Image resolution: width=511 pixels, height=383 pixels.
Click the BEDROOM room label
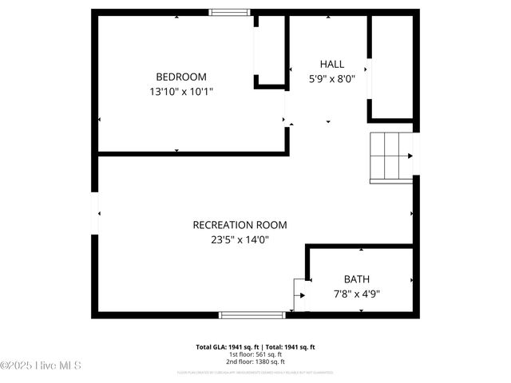(x=180, y=77)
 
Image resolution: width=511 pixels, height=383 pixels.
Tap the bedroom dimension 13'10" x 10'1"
(x=180, y=92)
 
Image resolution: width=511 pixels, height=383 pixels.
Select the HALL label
(x=331, y=64)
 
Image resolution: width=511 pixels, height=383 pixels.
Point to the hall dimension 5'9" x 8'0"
(x=331, y=79)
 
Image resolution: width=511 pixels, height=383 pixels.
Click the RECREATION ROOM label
(x=240, y=225)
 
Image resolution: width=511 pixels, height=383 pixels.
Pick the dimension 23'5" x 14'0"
(x=240, y=239)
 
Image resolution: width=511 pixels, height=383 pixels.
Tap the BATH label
(x=357, y=279)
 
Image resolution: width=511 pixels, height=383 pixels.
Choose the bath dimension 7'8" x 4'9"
(x=357, y=294)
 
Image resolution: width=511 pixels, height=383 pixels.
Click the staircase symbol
(x=390, y=157)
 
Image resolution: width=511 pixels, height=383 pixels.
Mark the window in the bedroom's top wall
(x=230, y=12)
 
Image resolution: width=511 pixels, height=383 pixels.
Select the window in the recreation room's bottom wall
(x=252, y=315)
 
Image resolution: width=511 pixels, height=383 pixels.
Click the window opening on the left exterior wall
(x=95, y=213)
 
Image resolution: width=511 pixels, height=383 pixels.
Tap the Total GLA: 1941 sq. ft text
(x=226, y=347)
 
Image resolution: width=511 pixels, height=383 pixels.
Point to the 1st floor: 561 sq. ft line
(x=255, y=354)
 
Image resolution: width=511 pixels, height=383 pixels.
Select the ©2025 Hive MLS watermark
(x=41, y=366)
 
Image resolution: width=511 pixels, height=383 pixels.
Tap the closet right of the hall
(x=392, y=68)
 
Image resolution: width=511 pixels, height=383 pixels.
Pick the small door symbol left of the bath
(x=300, y=294)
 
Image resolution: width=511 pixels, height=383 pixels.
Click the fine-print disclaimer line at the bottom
(x=255, y=373)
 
